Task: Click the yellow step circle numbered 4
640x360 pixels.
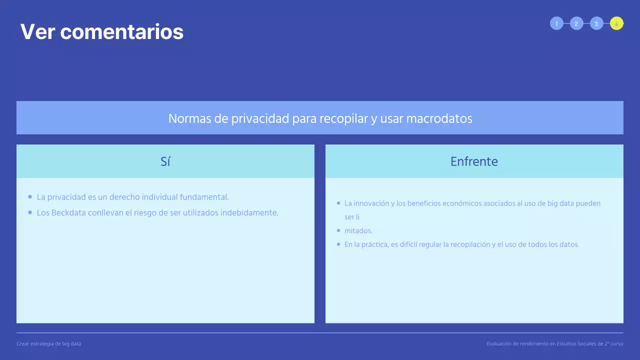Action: [616, 23]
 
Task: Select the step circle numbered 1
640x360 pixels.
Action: [556, 23]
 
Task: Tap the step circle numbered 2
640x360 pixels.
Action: [576, 23]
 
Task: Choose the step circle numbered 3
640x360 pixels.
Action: [596, 23]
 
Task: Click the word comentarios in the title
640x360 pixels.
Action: [121, 32]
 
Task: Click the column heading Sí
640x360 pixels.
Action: [165, 161]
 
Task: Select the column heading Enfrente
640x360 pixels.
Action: [474, 161]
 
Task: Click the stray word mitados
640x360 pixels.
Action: [358, 230]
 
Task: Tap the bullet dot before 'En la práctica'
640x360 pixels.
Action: [338, 244]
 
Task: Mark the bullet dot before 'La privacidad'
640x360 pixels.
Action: [30, 197]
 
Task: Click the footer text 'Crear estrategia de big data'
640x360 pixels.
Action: [48, 343]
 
